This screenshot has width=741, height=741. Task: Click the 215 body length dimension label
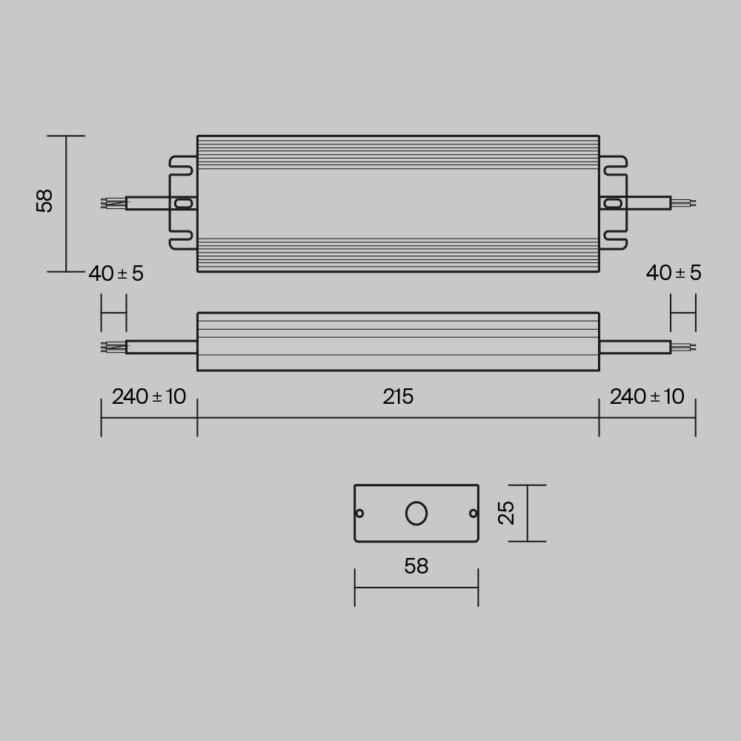click(398, 397)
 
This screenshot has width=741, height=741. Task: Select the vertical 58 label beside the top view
click(45, 201)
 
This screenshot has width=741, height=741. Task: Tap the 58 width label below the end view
click(416, 566)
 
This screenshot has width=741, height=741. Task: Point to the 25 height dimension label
click(506, 513)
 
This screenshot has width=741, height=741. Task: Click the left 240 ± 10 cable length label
click(149, 396)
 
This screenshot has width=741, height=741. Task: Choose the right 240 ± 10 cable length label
click(647, 396)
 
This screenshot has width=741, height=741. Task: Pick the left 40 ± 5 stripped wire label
click(116, 273)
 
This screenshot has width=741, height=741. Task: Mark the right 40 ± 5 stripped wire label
click(673, 273)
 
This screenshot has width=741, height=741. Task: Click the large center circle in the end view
click(416, 513)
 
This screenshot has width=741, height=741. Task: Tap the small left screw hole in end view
click(360, 513)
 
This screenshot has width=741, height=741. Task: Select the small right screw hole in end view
click(472, 513)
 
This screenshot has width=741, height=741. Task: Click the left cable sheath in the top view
click(148, 203)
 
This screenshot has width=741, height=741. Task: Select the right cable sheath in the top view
click(646, 203)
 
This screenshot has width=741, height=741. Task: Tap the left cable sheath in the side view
click(161, 347)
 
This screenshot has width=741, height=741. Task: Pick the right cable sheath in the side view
click(634, 347)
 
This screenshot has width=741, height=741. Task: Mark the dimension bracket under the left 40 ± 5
click(113, 313)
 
